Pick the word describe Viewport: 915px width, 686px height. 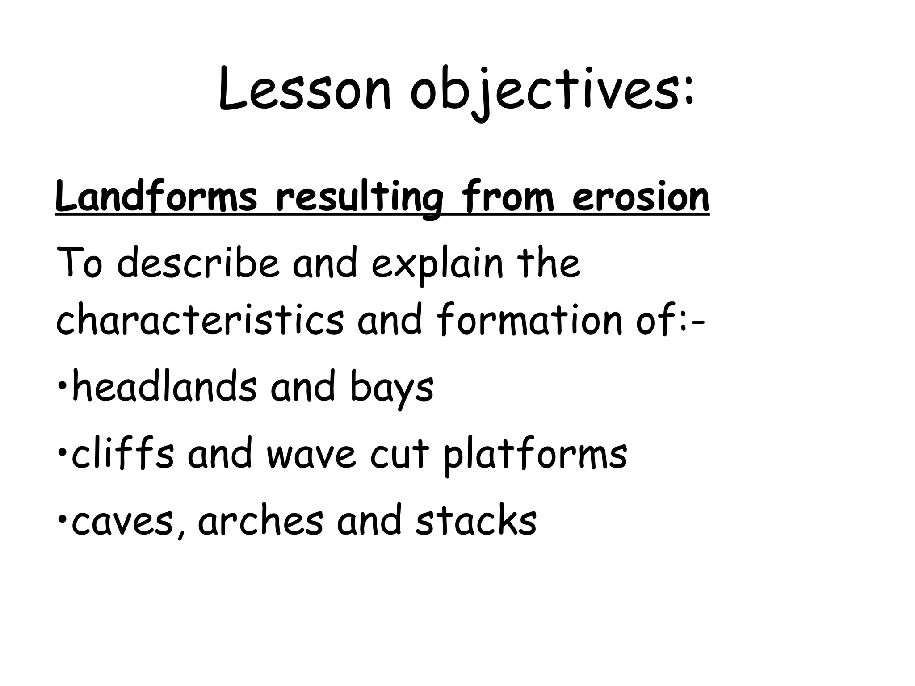[x=197, y=264]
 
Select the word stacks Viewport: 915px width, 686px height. [x=476, y=521]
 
